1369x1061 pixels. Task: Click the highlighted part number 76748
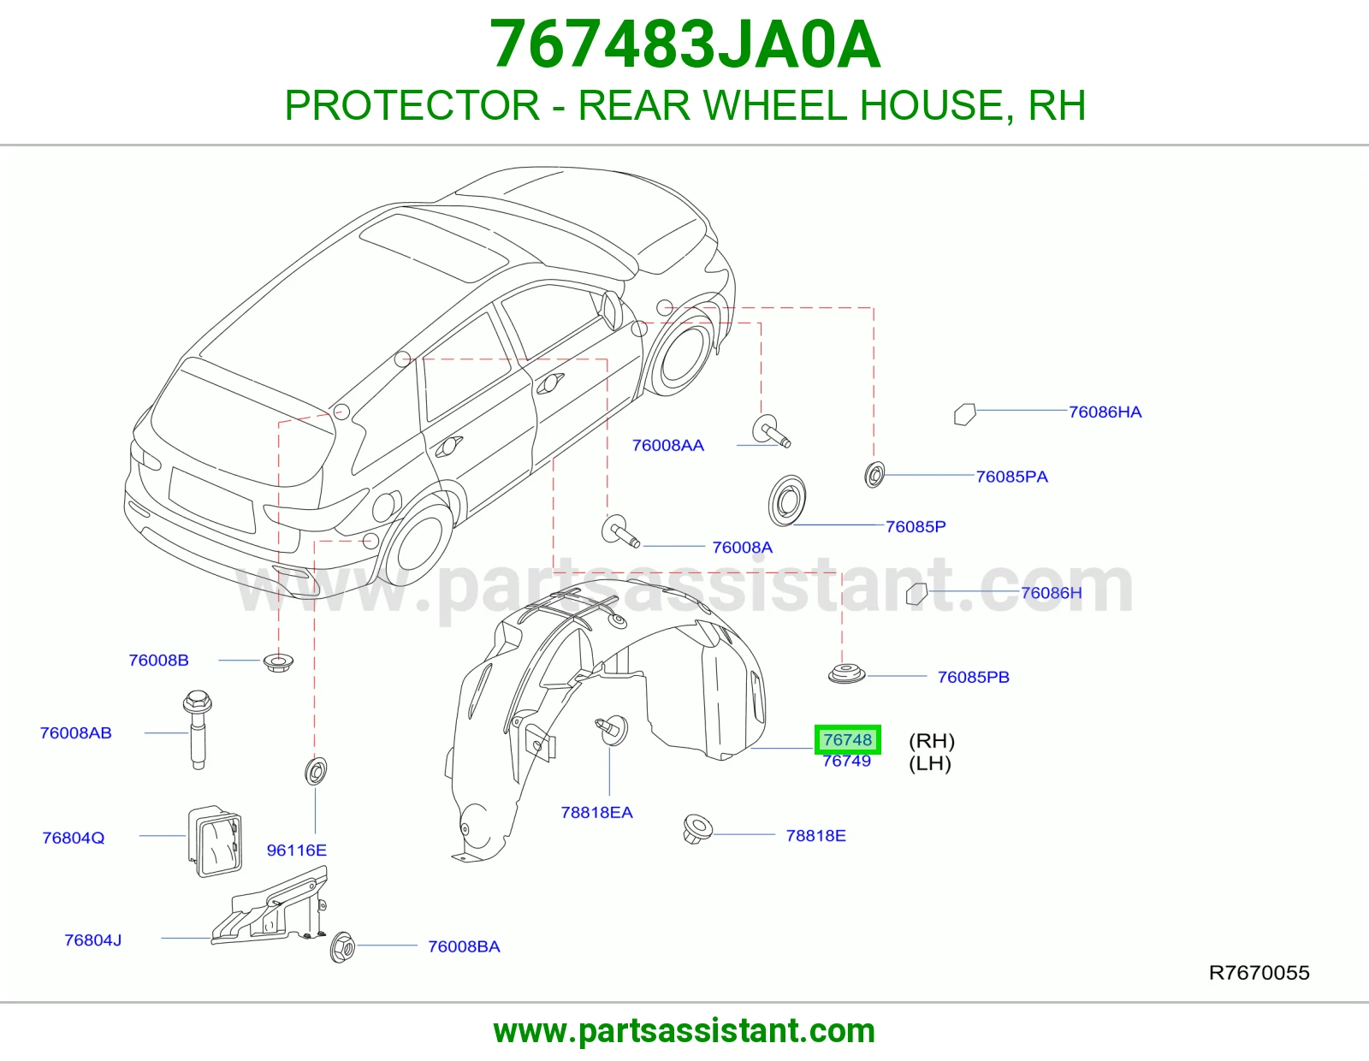[x=847, y=739]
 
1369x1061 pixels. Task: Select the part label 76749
[x=847, y=762]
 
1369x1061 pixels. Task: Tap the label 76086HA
[x=1105, y=412]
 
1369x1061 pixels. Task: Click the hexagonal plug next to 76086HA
[x=965, y=414]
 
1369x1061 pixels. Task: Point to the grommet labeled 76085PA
[x=874, y=474]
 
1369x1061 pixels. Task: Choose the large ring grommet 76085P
[x=787, y=501]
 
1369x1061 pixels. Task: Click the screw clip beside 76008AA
[x=771, y=431]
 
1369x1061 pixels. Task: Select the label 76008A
[x=742, y=548]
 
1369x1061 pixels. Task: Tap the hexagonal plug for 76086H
[x=916, y=594]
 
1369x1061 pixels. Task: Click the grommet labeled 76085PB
[x=847, y=673]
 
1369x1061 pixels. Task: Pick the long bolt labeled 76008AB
[x=198, y=730]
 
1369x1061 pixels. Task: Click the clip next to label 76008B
[x=278, y=663]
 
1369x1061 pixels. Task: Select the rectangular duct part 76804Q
[x=215, y=841]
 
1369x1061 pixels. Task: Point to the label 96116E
[x=297, y=851]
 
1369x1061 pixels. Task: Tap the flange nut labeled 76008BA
[x=343, y=946]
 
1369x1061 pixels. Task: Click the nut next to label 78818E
[x=697, y=828]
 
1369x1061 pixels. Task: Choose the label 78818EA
[x=596, y=813]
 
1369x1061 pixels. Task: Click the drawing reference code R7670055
[x=1259, y=973]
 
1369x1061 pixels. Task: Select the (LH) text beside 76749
[x=930, y=763]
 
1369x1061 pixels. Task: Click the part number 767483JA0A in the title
[x=684, y=44]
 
